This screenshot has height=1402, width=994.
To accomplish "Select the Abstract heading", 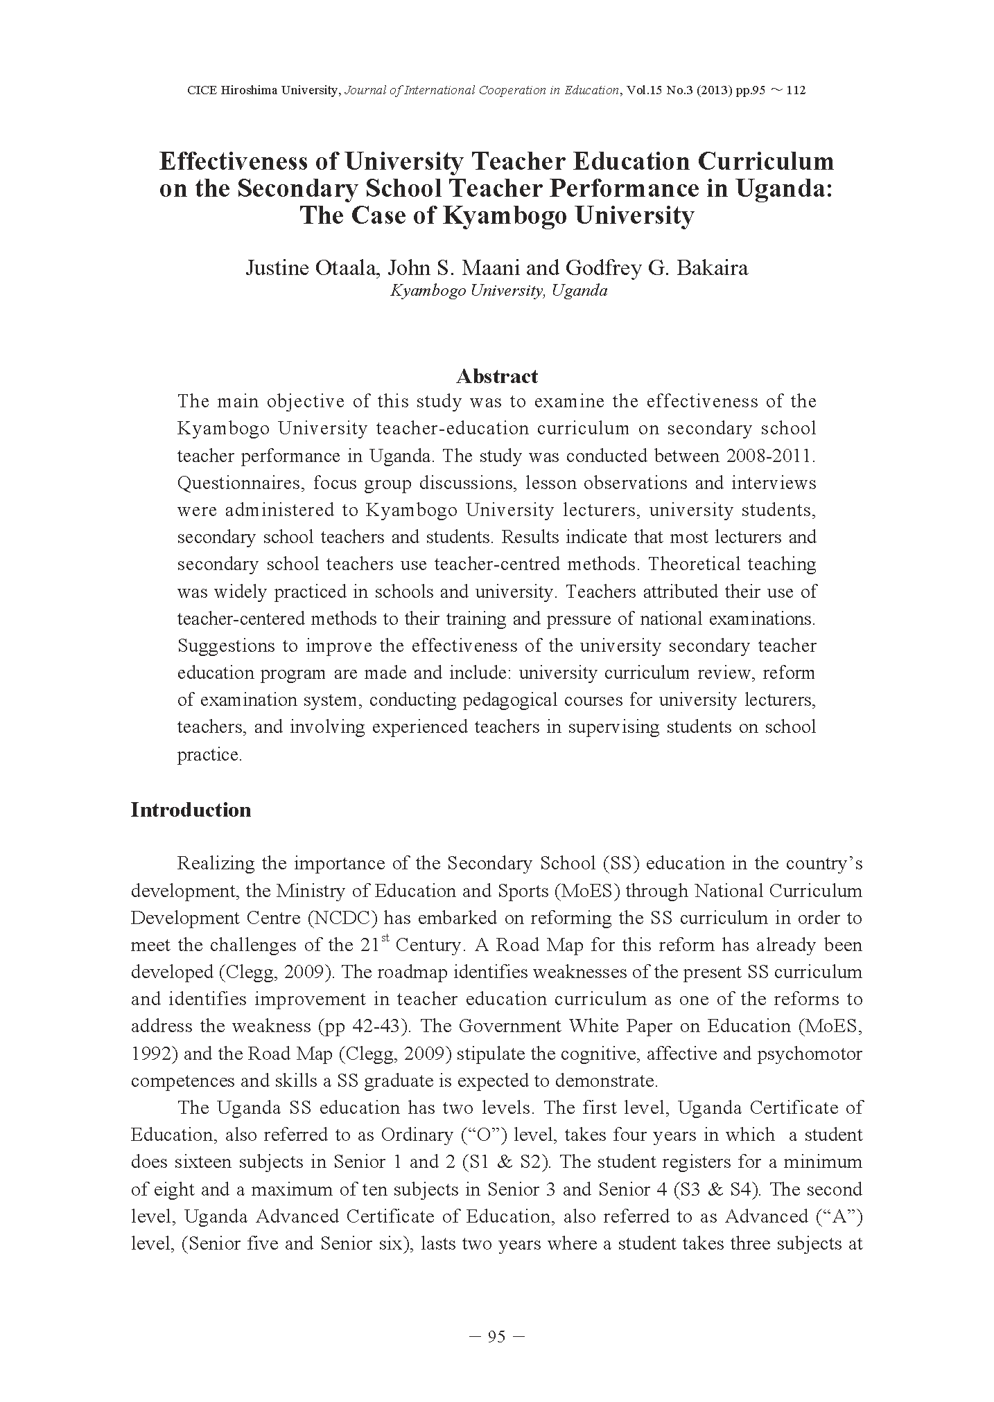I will [x=496, y=376].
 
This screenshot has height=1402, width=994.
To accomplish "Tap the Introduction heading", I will [x=191, y=810].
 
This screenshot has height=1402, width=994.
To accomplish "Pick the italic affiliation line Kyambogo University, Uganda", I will [x=498, y=291].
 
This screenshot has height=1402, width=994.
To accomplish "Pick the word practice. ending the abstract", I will [x=209, y=754].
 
